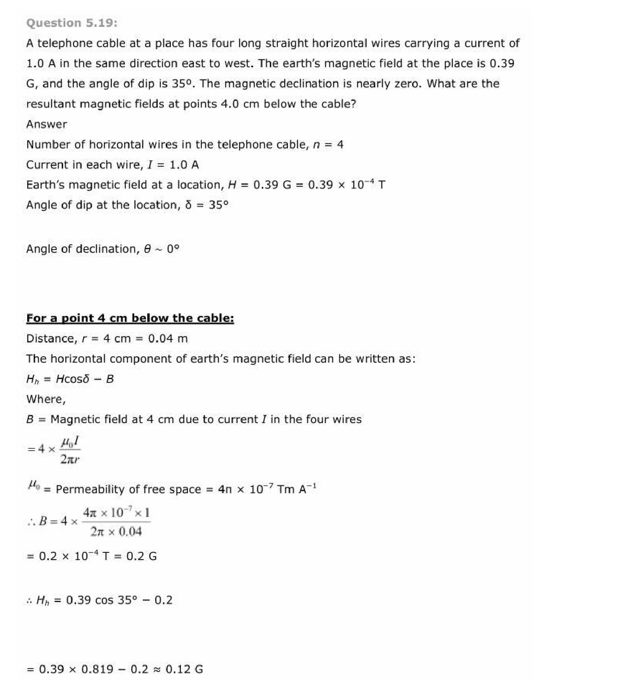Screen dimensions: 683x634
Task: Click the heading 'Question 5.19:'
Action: coord(72,23)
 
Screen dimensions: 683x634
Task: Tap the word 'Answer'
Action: coord(47,124)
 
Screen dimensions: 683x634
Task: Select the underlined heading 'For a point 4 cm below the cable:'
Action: coord(130,318)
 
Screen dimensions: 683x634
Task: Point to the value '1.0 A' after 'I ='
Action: coord(184,165)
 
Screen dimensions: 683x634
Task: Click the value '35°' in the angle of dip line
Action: coord(218,205)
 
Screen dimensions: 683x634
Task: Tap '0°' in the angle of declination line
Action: coord(173,249)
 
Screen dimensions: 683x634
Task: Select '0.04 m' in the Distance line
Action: coord(168,339)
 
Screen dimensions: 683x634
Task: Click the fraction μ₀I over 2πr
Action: coord(70,450)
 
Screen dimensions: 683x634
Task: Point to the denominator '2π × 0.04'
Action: coord(116,532)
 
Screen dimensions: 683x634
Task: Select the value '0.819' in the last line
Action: coord(97,669)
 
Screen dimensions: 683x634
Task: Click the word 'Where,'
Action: coord(46,400)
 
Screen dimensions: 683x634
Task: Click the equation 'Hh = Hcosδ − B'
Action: coord(70,379)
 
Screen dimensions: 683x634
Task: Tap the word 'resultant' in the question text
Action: coord(51,104)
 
